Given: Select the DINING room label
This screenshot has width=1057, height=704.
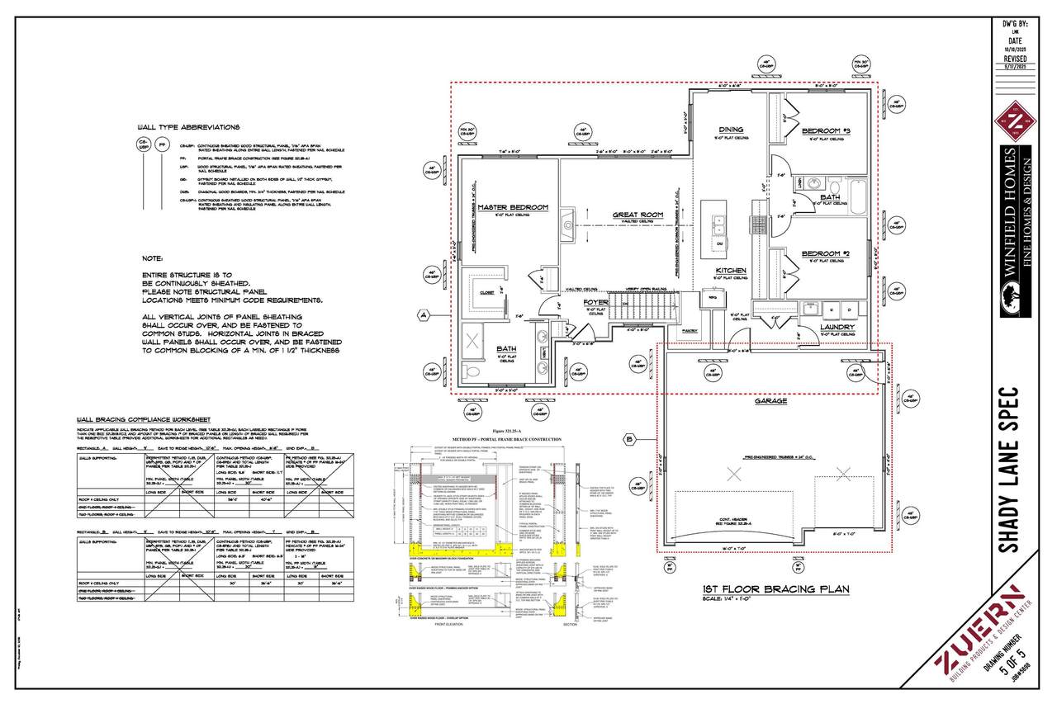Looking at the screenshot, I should pos(731,130).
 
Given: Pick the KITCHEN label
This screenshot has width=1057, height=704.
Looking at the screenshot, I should pos(731,270).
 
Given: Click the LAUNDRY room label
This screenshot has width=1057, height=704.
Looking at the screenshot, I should pos(837,326).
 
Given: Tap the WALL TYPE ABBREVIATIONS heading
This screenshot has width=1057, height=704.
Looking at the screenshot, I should pos(189,128).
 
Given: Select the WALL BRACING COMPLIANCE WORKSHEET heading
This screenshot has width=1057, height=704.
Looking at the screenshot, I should pos(143,418).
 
